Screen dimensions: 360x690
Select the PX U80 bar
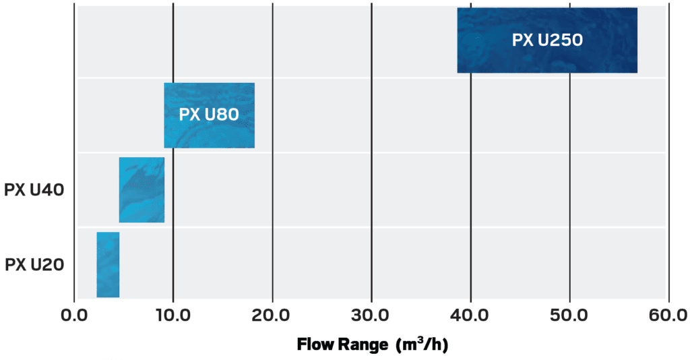pos(209,135)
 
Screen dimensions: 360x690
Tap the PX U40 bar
pos(142,189)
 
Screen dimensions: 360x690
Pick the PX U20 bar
pos(108,264)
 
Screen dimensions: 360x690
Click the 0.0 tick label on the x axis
pos(74,315)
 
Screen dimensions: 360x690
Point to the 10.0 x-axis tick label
pos(173,315)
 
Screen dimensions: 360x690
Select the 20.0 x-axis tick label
pos(272,315)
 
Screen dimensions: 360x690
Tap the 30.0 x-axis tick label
pos(371,315)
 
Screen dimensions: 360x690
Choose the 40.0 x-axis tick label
pos(470,315)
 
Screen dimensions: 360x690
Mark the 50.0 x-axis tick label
pos(570,315)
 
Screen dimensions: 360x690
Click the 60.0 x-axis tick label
pos(668,315)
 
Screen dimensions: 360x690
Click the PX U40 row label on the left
pos(34,190)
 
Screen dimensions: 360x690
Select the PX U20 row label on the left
pos(34,265)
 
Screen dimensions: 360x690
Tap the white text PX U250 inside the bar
pos(547,40)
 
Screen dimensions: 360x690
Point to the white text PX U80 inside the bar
pos(209,115)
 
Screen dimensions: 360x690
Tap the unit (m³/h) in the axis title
pos(422,344)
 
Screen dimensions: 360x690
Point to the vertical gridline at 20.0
pos(272,202)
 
